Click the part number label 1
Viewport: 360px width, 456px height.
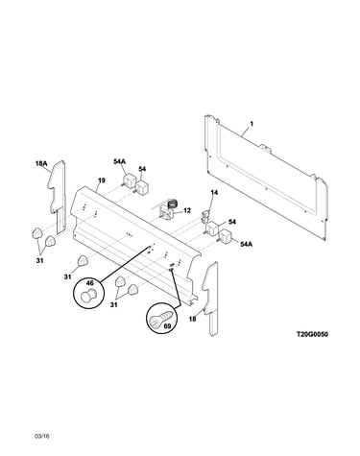(252, 124)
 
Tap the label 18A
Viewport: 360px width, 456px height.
(41, 164)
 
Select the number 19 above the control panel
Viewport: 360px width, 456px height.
(102, 180)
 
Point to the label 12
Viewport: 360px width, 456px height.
(187, 210)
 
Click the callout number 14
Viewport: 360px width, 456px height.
(214, 192)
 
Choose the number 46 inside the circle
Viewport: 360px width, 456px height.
(90, 283)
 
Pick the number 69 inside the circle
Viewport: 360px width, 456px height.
(167, 326)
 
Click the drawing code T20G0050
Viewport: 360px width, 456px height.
(312, 334)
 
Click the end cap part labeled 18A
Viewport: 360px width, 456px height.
(57, 196)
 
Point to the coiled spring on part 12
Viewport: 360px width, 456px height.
(173, 204)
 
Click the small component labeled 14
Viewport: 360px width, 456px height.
(205, 216)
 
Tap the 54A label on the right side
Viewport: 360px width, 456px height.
(246, 244)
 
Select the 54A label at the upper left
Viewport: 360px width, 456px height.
(119, 161)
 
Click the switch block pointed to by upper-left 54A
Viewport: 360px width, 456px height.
(129, 180)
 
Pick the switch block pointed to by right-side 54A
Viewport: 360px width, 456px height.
(225, 236)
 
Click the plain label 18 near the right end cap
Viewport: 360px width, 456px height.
(192, 319)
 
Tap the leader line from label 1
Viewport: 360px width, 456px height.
(246, 132)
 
